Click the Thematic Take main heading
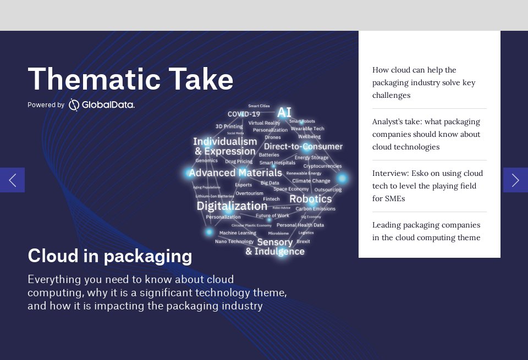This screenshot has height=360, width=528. tap(130, 79)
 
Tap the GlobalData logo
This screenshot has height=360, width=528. tap(102, 104)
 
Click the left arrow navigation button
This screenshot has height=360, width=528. tap(12, 180)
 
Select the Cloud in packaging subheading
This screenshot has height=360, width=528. tap(109, 256)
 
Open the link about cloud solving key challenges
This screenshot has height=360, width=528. tap(424, 82)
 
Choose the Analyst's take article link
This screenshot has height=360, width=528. tap(426, 134)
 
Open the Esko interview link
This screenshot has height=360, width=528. tap(427, 186)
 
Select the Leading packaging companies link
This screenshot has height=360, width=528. tap(426, 231)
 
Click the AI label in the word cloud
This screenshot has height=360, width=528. tap(284, 113)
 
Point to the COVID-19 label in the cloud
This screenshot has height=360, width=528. tap(244, 114)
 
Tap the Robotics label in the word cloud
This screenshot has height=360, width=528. tap(310, 198)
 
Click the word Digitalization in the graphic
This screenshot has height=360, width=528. tap(232, 206)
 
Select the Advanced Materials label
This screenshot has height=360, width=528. tap(235, 173)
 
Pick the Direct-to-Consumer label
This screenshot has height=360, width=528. tap(303, 147)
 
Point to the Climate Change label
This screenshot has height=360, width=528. tap(311, 181)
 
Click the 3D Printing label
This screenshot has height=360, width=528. tap(229, 126)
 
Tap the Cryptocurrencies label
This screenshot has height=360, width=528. tap(322, 166)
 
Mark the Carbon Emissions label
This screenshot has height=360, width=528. tap(315, 209)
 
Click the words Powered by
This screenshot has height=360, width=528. tap(46, 105)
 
